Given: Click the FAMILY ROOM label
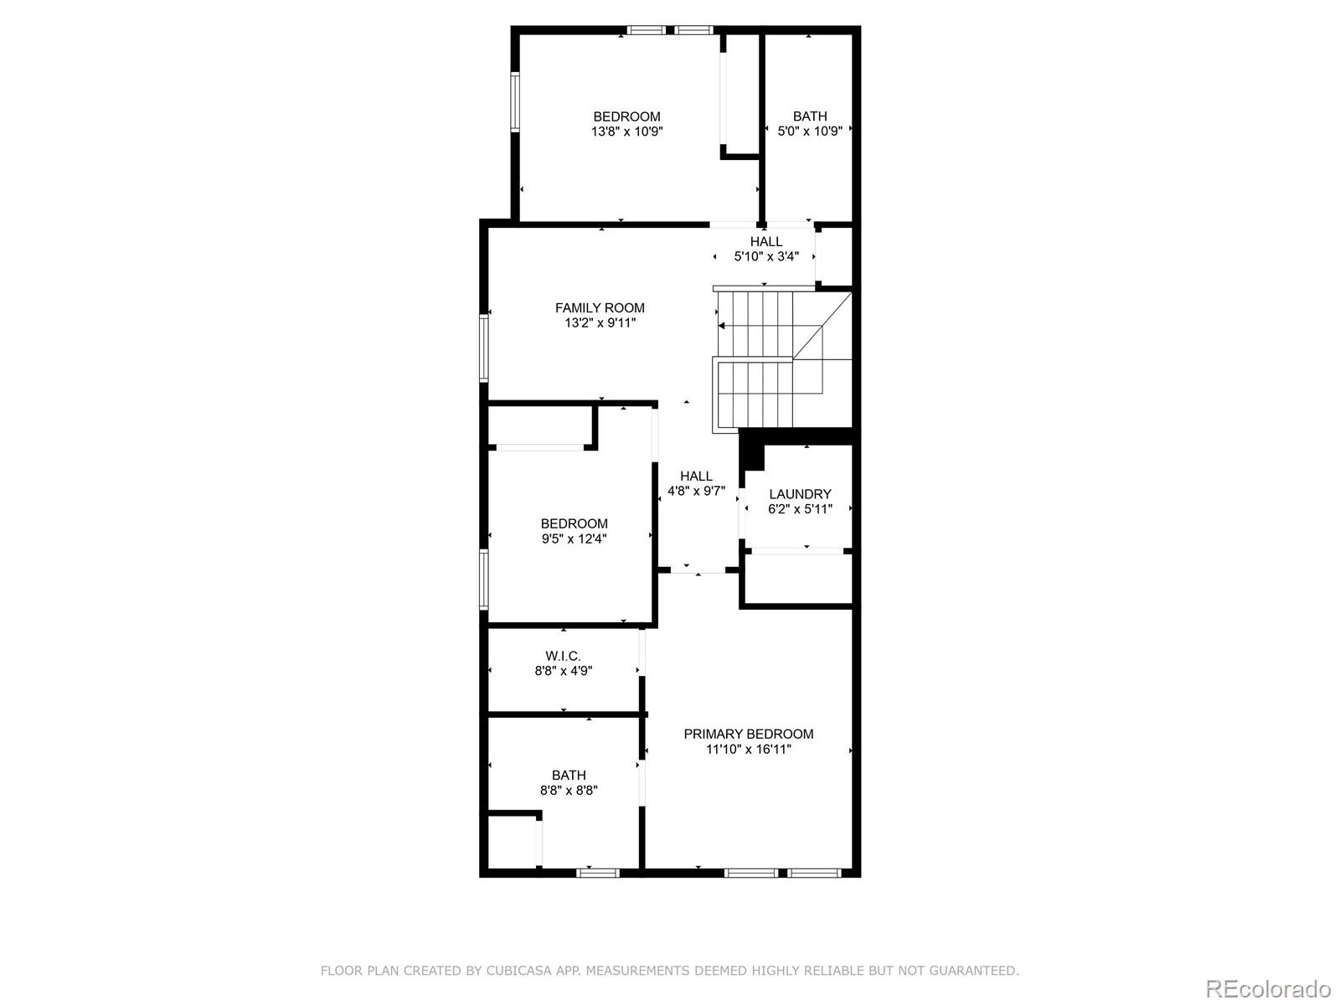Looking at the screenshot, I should click(x=600, y=308).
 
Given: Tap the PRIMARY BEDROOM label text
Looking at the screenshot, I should click(x=748, y=734).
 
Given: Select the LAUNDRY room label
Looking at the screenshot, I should click(x=800, y=494).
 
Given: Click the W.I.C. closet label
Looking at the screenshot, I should click(x=563, y=656).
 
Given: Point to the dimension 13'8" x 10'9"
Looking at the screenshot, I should click(x=627, y=131).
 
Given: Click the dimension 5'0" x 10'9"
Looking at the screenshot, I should click(x=810, y=131).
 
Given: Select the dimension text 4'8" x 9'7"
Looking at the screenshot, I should click(x=696, y=492).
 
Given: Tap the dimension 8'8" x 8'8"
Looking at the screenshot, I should click(x=569, y=790).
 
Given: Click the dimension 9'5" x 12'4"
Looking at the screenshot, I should click(x=574, y=539).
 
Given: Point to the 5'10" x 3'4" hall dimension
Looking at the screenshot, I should click(x=766, y=257).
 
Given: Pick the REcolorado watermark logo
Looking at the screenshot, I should click(x=1268, y=988).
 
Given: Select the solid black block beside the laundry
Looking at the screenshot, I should click(x=753, y=451).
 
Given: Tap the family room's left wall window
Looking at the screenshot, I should click(x=484, y=348).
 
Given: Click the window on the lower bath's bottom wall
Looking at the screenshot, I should click(x=598, y=873).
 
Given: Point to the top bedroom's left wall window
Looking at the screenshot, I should click(x=516, y=101).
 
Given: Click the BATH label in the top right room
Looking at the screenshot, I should click(x=810, y=116).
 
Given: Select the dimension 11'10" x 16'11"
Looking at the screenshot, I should click(x=748, y=750).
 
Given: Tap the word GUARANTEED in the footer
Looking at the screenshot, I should click(x=971, y=971).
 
